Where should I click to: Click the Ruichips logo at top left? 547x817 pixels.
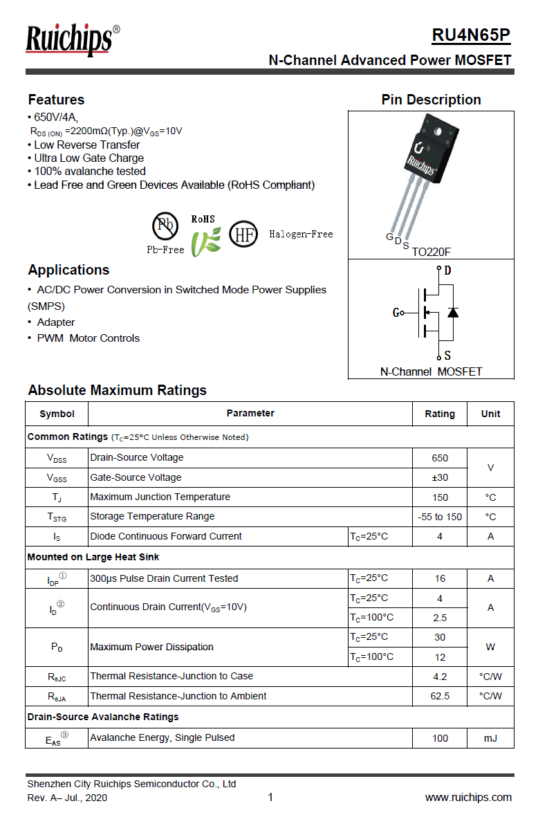[x=69, y=40]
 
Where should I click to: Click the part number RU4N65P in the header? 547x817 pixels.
[x=471, y=35]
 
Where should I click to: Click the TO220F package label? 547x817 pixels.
[x=431, y=253]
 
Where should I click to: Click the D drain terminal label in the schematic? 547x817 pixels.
[x=447, y=270]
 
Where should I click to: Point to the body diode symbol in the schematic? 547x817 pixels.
[x=453, y=313]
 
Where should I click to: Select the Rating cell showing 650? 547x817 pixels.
[x=439, y=458]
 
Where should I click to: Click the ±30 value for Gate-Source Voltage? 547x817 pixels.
[x=439, y=477]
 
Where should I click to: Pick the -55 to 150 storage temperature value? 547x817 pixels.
[x=439, y=517]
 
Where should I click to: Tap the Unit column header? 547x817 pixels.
[x=490, y=414]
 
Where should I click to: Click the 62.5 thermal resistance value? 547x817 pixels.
[x=439, y=696]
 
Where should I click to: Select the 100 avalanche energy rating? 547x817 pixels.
[x=439, y=738]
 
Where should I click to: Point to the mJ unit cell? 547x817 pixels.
[x=490, y=738]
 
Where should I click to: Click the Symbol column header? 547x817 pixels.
[x=57, y=414]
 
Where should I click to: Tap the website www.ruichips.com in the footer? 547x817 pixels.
[x=468, y=798]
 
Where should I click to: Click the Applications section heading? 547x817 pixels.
[x=68, y=270]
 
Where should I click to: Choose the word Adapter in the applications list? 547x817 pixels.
[x=56, y=322]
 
